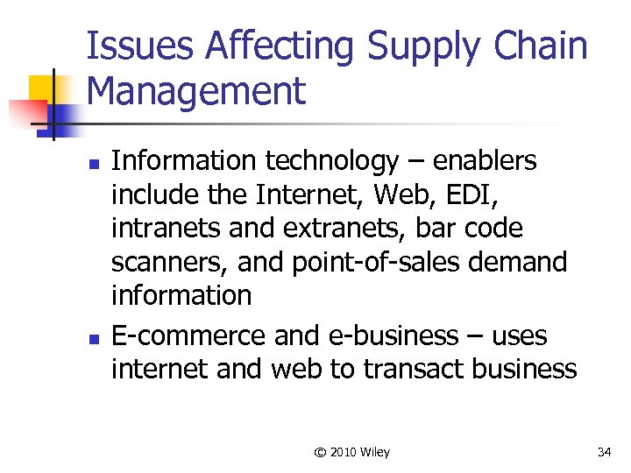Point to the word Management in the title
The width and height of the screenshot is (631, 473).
[x=197, y=91]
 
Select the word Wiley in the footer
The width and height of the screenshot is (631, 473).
[x=374, y=452]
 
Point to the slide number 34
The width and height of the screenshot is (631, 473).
[x=604, y=452]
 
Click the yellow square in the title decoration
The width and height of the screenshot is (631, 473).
[x=42, y=88]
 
